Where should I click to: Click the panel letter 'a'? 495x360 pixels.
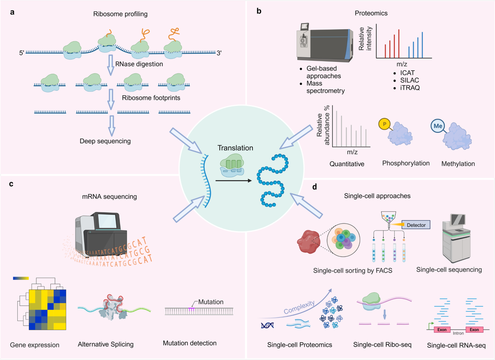(13, 12)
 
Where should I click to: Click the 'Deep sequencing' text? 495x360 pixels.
(106, 141)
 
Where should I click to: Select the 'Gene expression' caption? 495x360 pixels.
(35, 345)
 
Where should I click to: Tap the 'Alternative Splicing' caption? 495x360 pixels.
(106, 344)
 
